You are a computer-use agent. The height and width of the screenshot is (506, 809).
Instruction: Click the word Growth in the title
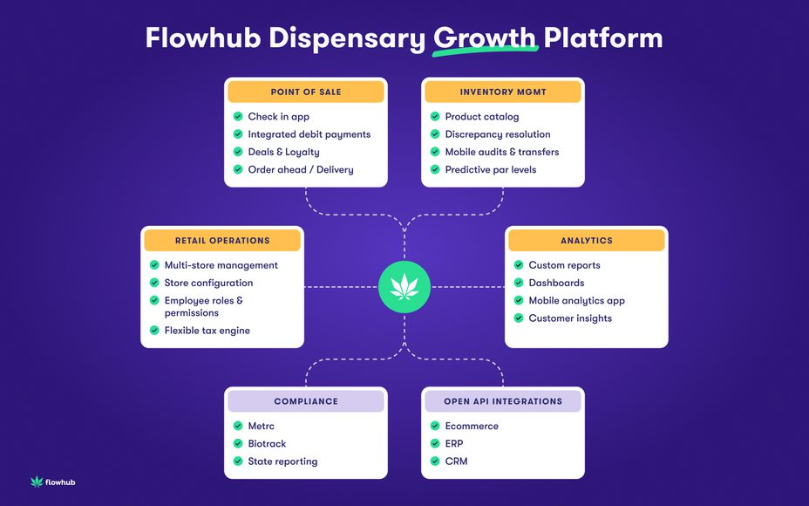485,38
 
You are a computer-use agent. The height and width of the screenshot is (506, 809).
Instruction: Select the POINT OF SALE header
305,92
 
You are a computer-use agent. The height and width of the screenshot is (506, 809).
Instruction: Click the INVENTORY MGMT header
502,92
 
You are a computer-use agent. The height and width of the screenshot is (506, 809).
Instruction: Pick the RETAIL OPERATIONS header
222,240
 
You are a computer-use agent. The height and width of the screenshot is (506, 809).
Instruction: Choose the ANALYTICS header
586,240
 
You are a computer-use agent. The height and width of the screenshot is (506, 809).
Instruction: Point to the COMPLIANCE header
305,401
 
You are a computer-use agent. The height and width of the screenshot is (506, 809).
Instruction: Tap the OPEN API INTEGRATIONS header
502,401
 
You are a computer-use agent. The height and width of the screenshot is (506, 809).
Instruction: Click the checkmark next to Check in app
238,117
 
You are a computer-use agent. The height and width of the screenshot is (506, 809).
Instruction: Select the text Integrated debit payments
309,134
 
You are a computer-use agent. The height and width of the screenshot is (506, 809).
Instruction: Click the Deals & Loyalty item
283,152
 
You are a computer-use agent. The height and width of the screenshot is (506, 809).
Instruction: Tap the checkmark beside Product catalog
435,117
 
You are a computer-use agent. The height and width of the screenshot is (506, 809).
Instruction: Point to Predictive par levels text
490,169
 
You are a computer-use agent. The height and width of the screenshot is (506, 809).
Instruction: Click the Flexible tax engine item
207,331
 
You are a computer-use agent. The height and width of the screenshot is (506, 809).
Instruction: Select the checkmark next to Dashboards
519,283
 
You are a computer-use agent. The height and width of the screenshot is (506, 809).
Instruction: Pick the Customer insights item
570,318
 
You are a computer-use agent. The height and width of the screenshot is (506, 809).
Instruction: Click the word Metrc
262,426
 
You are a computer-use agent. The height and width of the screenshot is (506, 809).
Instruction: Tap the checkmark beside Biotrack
238,444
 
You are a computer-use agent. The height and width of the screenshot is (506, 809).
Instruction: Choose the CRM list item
456,462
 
